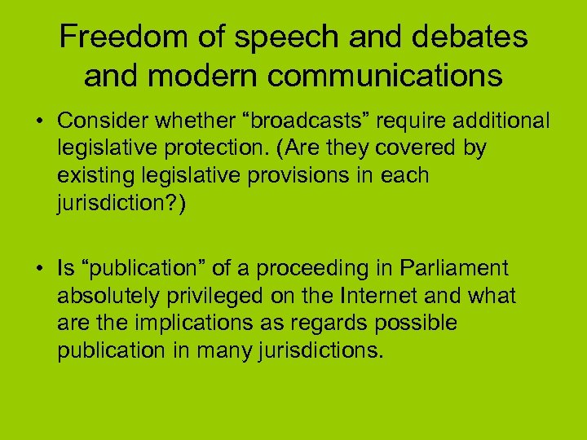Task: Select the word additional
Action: point(498,121)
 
